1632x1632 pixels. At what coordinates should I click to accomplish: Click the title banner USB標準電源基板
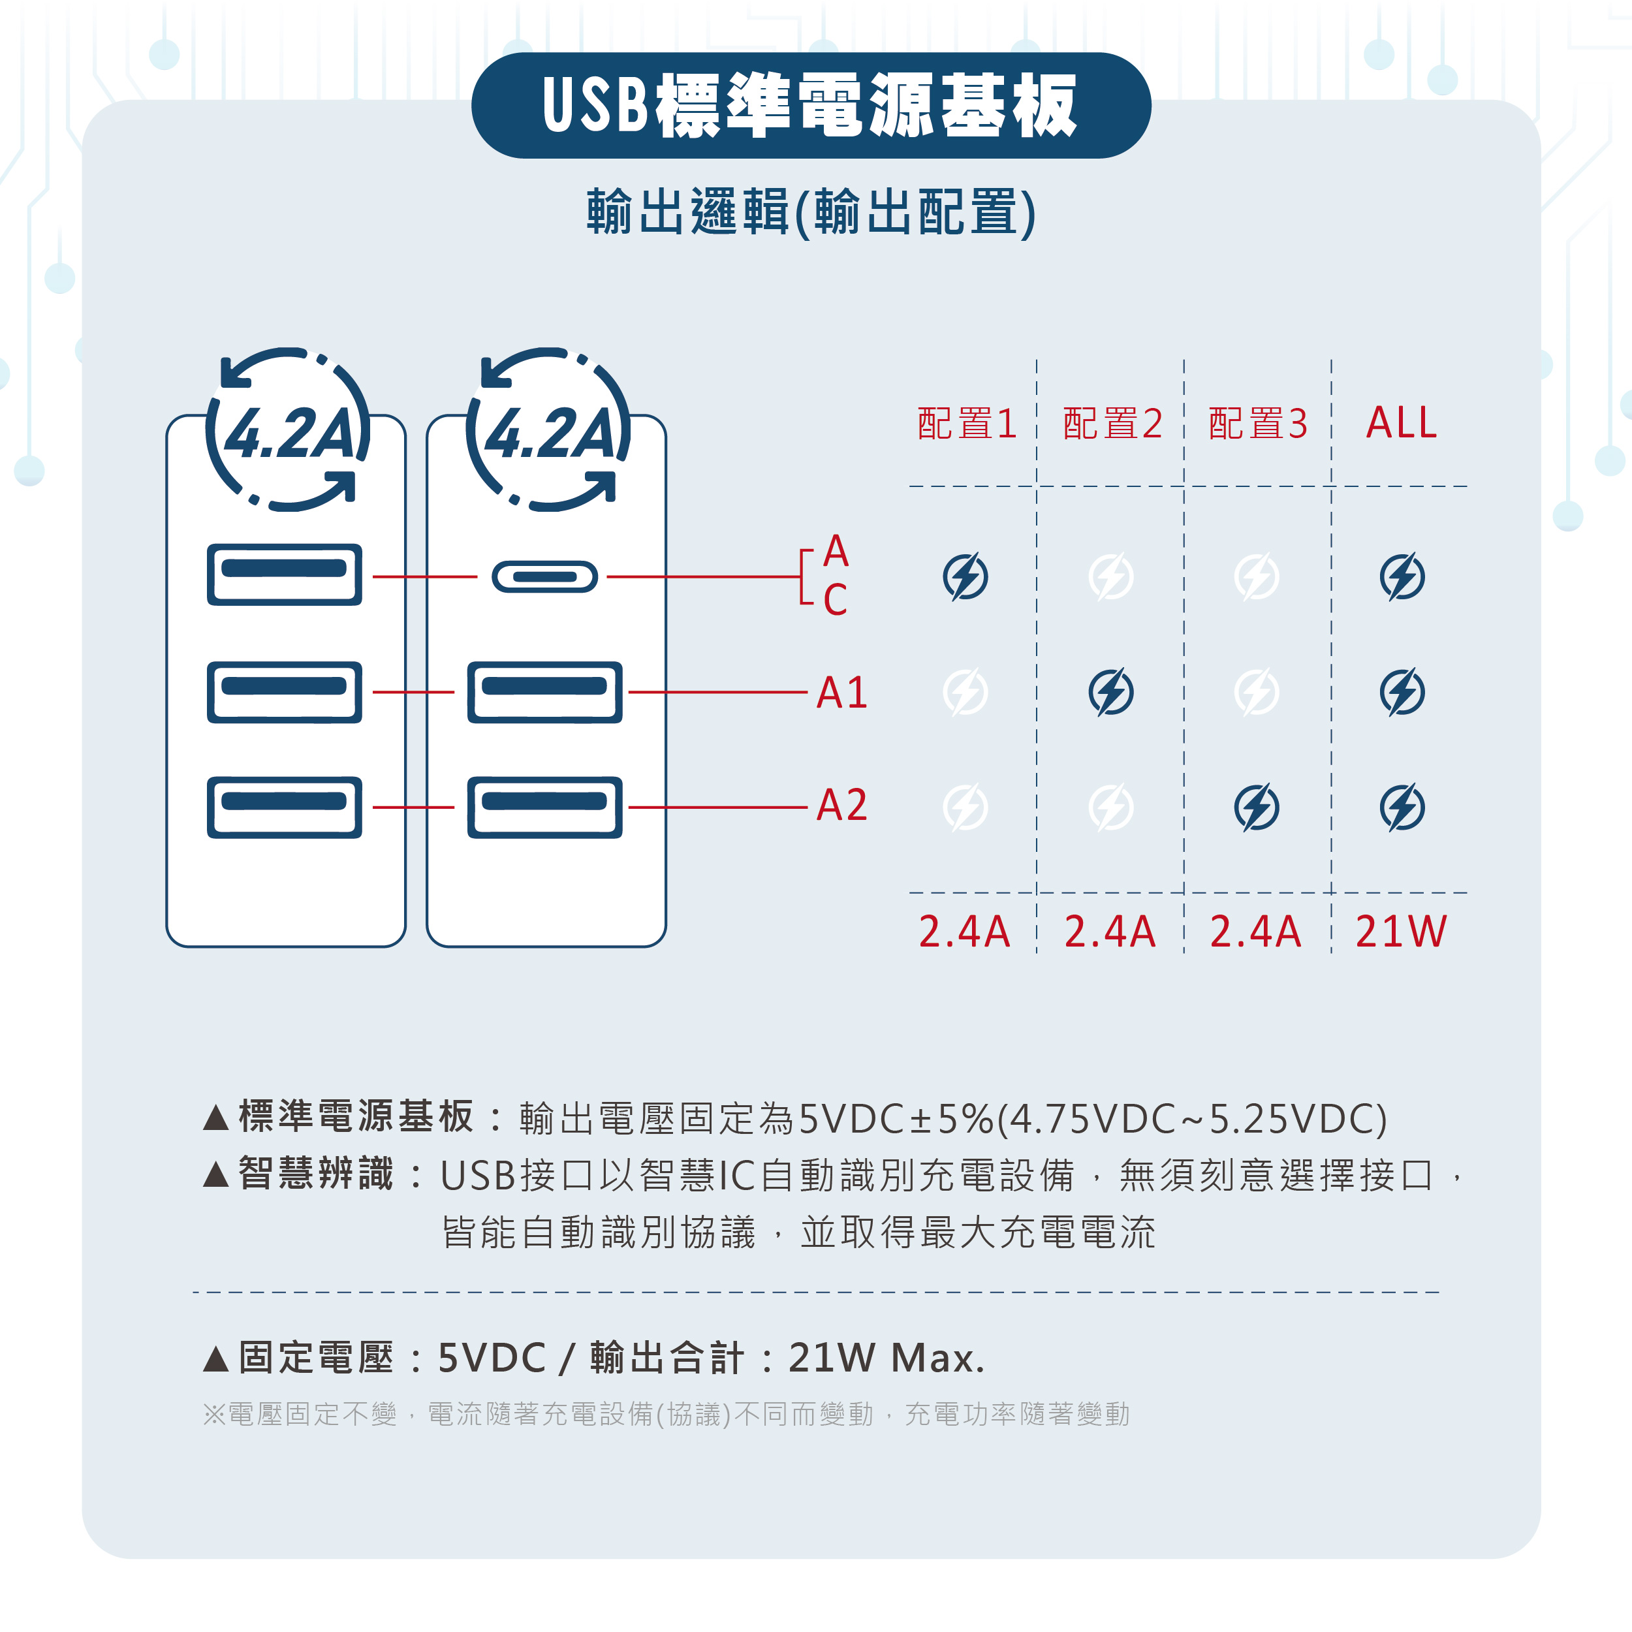(x=811, y=106)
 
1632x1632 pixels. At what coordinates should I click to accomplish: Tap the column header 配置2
(x=1112, y=423)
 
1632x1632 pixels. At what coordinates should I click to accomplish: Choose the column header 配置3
(x=1258, y=423)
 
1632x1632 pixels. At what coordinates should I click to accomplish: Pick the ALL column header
(x=1402, y=422)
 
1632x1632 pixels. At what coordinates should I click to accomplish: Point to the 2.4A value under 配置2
(x=1110, y=931)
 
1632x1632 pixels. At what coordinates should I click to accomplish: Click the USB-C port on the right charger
(x=545, y=577)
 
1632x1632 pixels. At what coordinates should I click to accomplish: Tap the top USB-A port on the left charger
(x=285, y=574)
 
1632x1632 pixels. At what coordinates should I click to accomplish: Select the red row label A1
(x=842, y=693)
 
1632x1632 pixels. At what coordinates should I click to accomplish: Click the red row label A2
(x=842, y=805)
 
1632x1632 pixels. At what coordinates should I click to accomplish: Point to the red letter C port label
(x=836, y=599)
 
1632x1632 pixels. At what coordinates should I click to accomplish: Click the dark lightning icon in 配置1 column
(x=965, y=577)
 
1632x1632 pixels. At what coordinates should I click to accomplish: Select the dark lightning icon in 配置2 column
(x=1111, y=693)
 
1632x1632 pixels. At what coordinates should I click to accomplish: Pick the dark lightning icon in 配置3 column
(x=1257, y=808)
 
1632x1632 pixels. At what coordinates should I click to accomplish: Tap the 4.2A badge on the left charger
(x=288, y=430)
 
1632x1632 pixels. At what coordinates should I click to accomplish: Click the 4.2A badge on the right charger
(x=548, y=430)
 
